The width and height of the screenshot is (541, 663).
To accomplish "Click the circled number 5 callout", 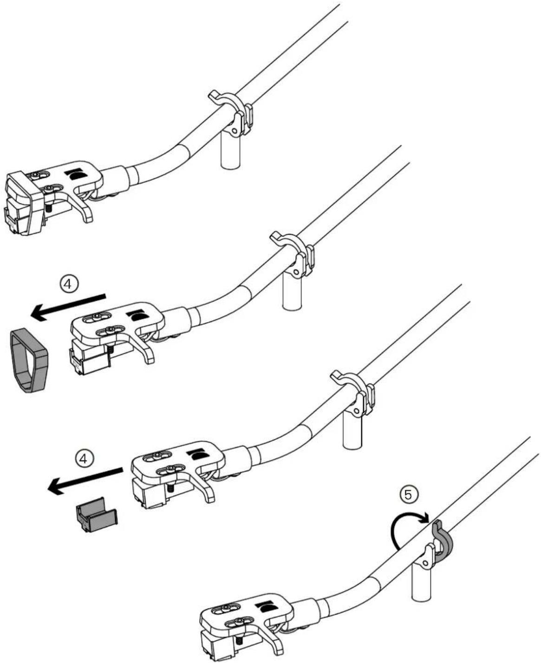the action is pos(408,495).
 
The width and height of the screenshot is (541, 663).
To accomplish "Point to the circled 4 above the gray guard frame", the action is pos(69,284).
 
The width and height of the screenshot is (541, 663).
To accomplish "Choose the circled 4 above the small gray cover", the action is pos(84,459).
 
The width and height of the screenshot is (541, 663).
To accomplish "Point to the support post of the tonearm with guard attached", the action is pos(231,148).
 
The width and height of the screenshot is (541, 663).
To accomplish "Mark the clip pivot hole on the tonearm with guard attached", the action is pos(234,130).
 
